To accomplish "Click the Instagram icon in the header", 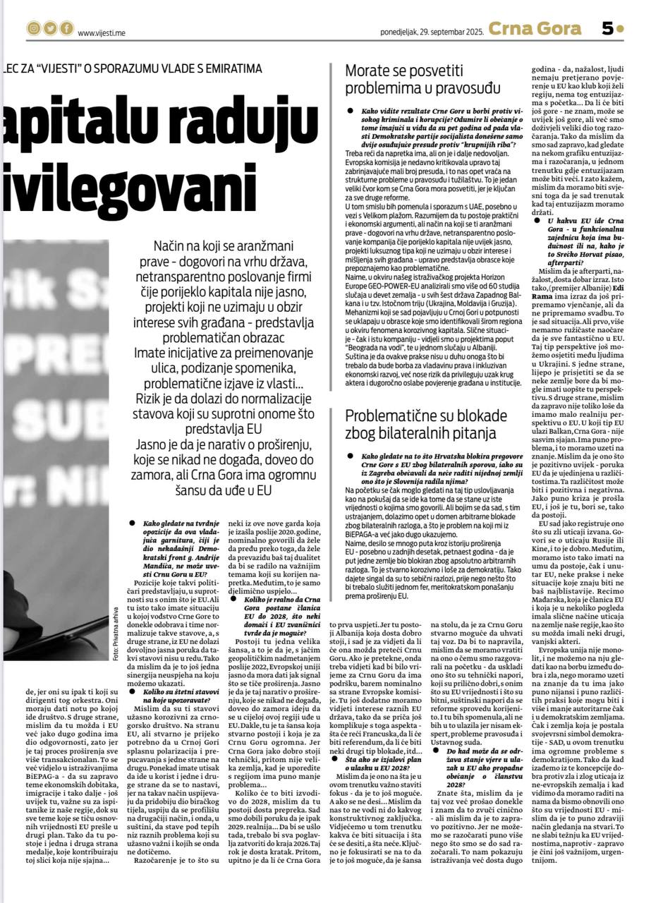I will tap(33, 29).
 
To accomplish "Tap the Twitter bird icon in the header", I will tap(49, 29).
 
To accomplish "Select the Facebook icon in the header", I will tap(66, 29).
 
